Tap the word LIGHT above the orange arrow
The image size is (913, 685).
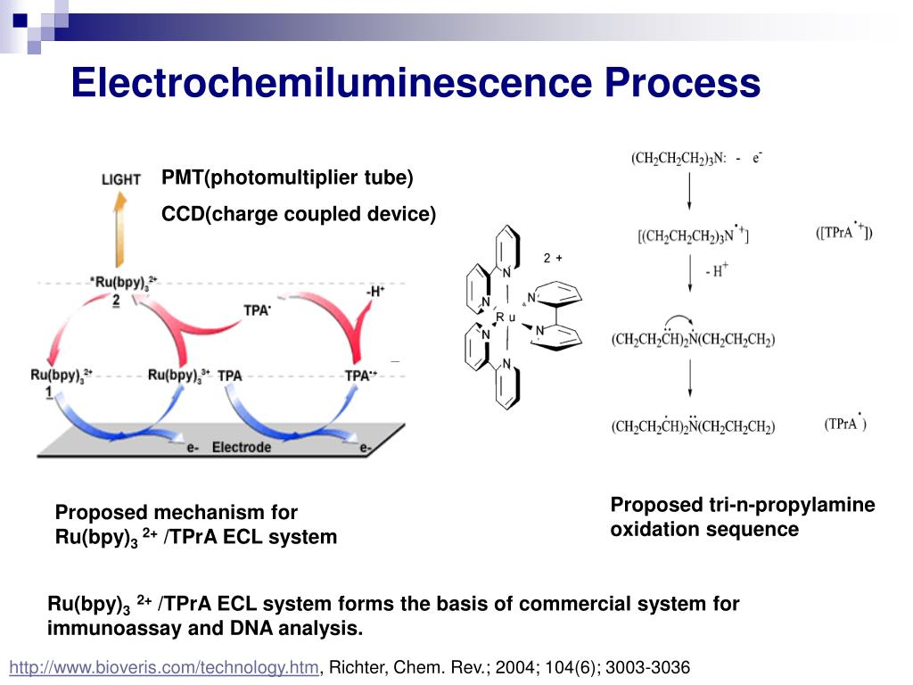[120, 179]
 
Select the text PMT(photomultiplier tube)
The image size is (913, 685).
[287, 177]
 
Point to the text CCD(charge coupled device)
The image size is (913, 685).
[299, 214]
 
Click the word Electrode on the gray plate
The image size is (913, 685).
[241, 447]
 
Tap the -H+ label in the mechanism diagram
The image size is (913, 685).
[374, 291]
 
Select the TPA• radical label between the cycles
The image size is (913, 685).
[258, 309]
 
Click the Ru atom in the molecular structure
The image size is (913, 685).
[506, 318]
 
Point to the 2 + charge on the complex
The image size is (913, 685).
[553, 259]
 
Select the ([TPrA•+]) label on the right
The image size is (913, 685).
[844, 234]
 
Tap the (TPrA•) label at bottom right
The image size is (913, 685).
[844, 425]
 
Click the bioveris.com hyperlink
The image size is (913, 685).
[163, 667]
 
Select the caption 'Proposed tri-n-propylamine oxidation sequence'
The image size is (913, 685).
[742, 517]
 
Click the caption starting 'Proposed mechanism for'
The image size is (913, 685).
[196, 524]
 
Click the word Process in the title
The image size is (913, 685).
[682, 83]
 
